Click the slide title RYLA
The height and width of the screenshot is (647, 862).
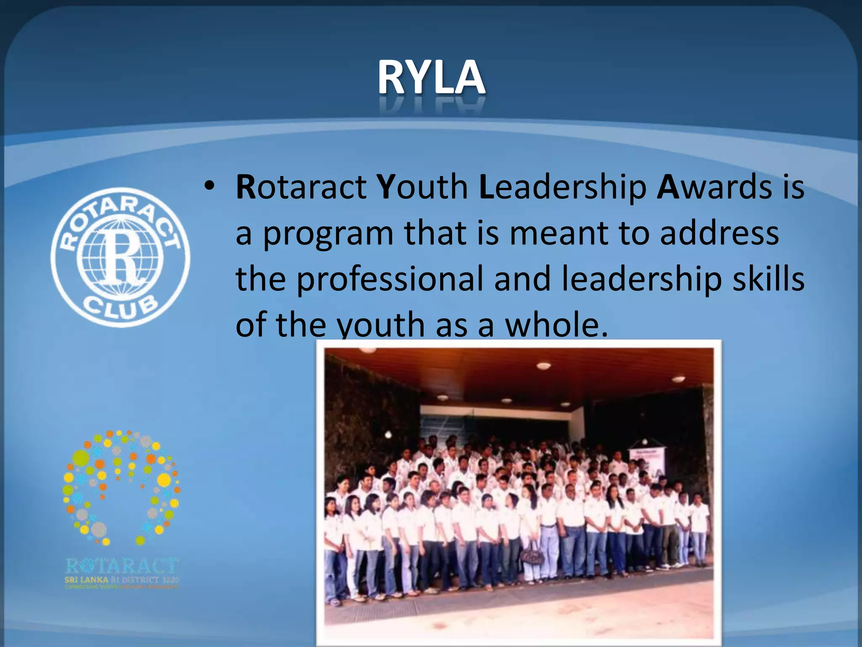pos(431,78)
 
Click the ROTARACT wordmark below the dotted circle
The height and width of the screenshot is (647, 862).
pos(122,566)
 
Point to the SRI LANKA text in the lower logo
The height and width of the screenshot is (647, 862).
pos(86,580)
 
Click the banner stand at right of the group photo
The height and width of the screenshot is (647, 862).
pos(646,463)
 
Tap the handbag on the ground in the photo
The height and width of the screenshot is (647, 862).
pos(532,557)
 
